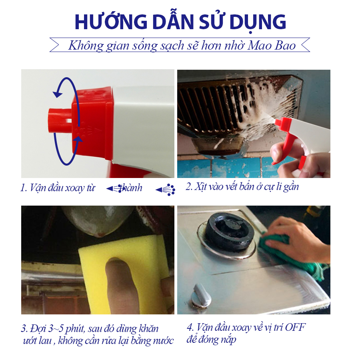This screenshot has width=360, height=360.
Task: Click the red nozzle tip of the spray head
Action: pyautogui.click(x=60, y=120)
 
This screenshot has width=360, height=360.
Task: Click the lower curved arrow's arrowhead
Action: pyautogui.click(x=78, y=139)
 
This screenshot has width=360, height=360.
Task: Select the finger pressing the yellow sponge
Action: pyautogui.click(x=119, y=285)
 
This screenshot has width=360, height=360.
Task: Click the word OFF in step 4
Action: pyautogui.click(x=295, y=327)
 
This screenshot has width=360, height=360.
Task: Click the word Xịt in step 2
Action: pyautogui.click(x=199, y=186)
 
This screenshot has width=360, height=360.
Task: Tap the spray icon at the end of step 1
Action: pyautogui.click(x=165, y=190)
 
